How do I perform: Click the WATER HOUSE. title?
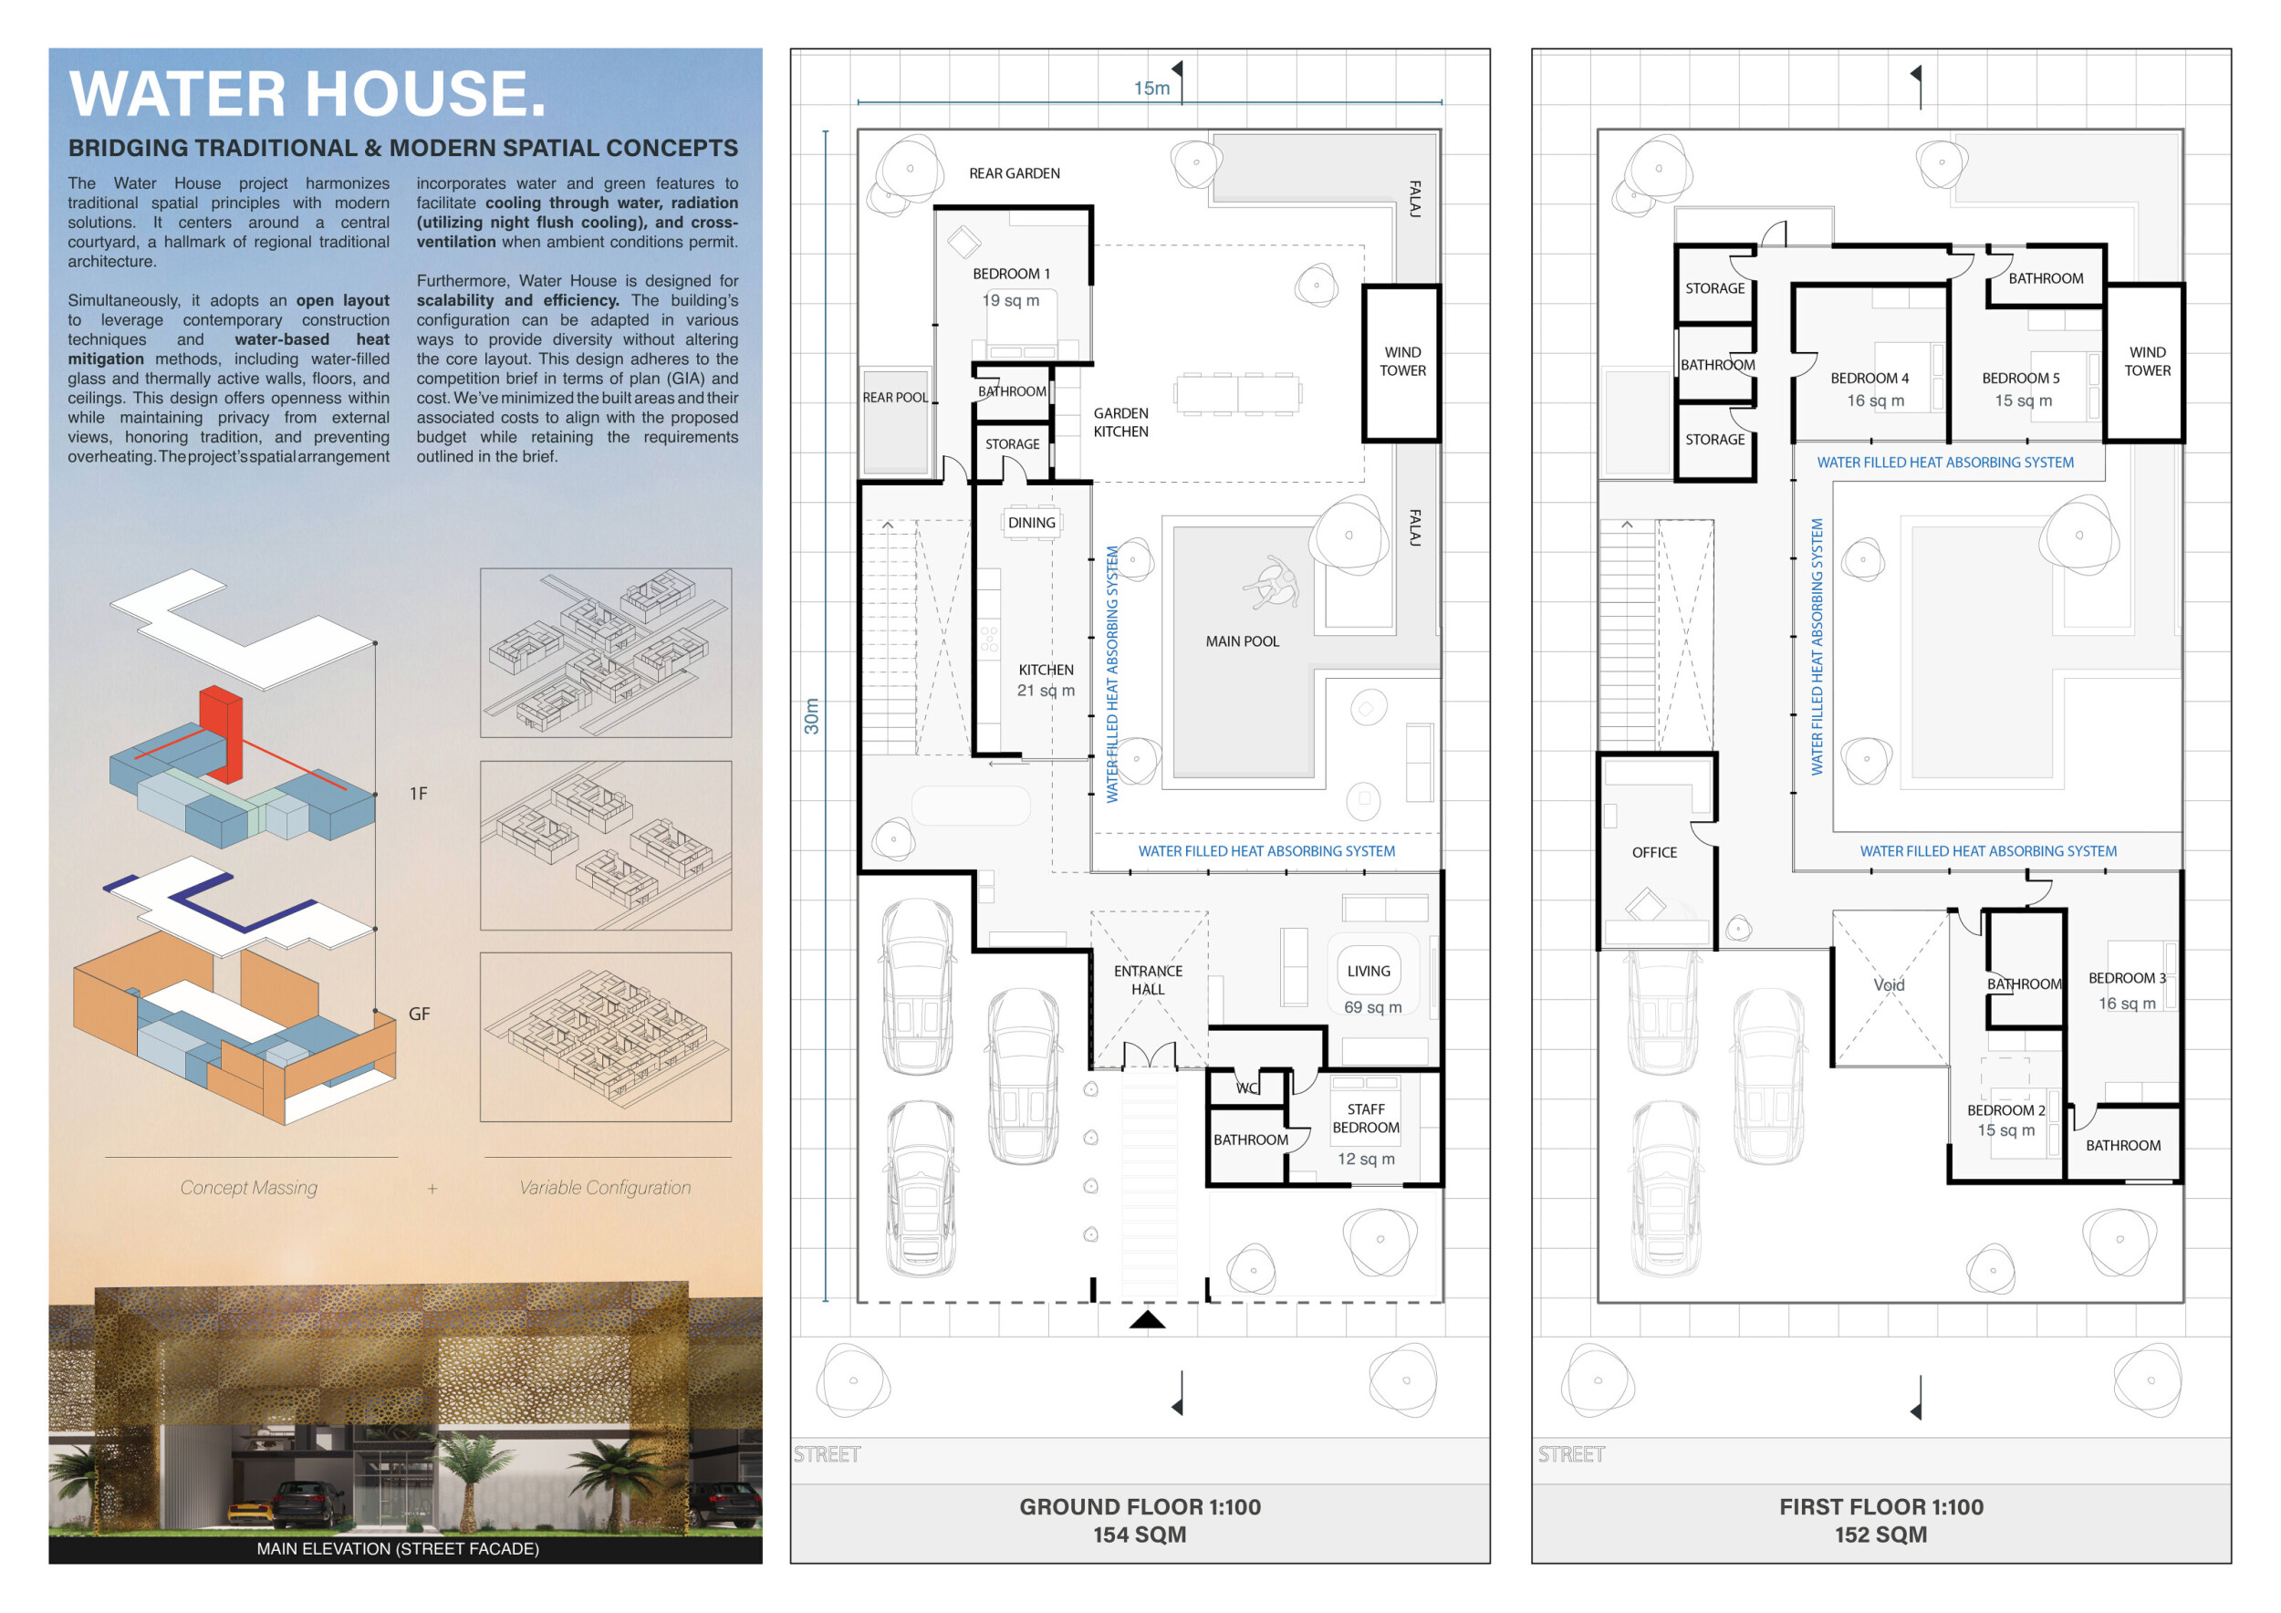pos(307,93)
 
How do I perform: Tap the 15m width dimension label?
pos(1151,88)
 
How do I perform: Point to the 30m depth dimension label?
pos(812,715)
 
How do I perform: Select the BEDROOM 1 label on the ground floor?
pos(1011,273)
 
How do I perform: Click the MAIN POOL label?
pos(1242,641)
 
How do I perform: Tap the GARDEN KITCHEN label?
pos(1120,422)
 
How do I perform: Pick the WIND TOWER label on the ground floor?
pos(1401,361)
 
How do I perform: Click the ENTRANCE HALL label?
pos(1148,981)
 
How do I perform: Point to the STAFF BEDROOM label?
pos(1366,1119)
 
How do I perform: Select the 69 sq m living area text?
pos(1373,1007)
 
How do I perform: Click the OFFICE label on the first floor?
pos(1654,852)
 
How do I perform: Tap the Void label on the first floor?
pos(1889,984)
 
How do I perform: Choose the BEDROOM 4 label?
pos(1870,379)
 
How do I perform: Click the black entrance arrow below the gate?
pos(1148,1319)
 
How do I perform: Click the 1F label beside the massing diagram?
pos(418,794)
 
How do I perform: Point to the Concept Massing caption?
pos(248,1188)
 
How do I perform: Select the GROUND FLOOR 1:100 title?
pos(1140,1507)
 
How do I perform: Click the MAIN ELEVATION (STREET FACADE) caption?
pos(398,1548)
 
